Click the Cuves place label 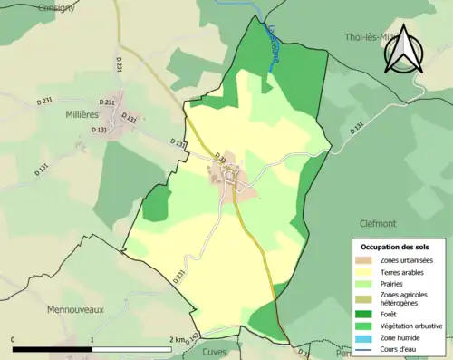pyautogui.click(x=216, y=352)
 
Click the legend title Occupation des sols pyautogui.click(x=401, y=247)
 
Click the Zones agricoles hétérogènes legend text pyautogui.click(x=405, y=297)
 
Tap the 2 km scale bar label pyautogui.click(x=177, y=340)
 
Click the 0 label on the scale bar pyautogui.click(x=14, y=340)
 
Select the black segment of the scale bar pyautogui.click(x=53, y=349)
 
